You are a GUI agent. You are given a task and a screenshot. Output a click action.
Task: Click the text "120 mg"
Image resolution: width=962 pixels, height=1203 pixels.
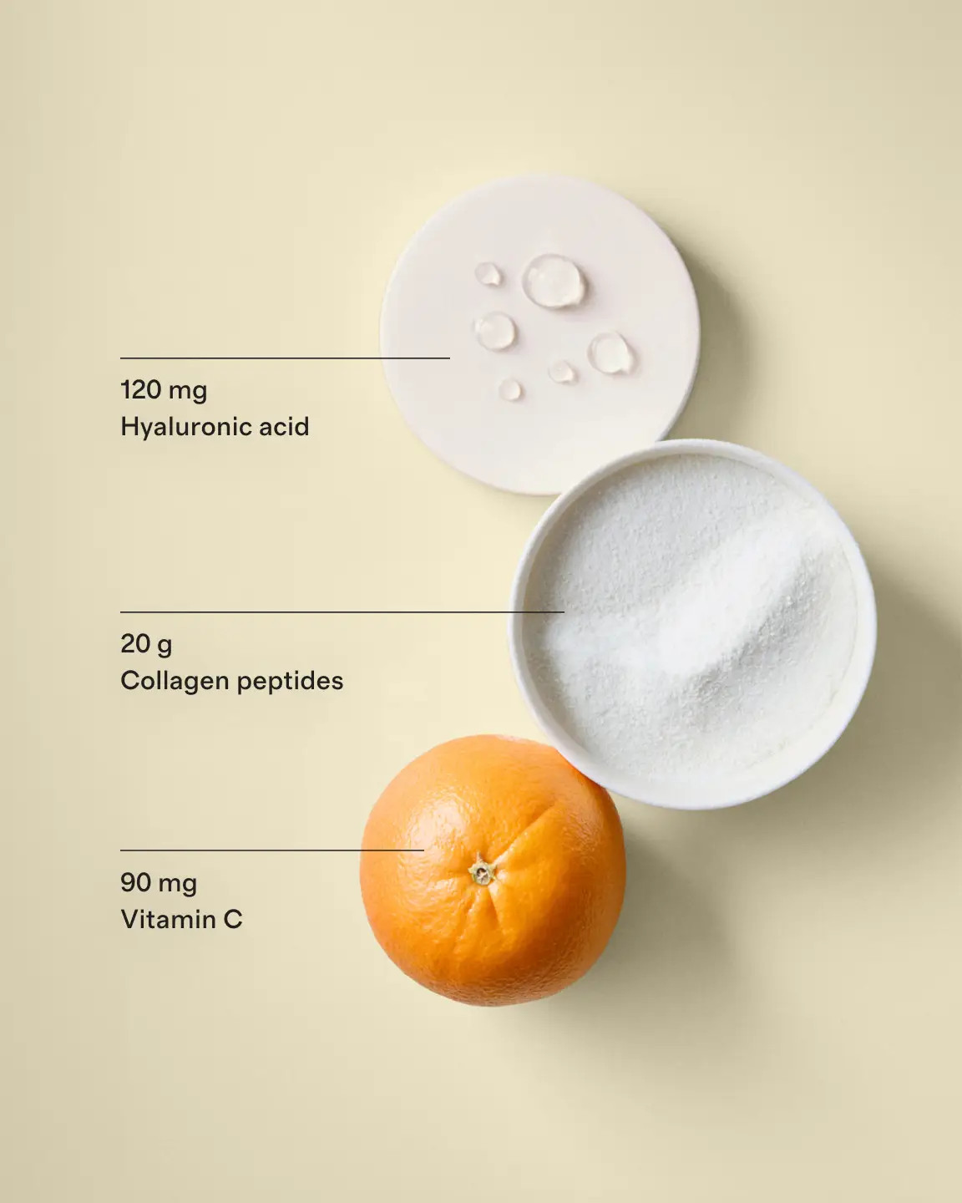coord(164,390)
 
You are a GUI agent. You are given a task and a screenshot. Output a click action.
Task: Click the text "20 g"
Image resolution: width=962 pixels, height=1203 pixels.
coord(146,644)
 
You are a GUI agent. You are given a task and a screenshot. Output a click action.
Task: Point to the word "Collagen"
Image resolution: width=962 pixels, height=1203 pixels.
coord(174,681)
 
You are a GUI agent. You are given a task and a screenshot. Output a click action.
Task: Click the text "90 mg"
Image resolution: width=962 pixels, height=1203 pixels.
coord(159,883)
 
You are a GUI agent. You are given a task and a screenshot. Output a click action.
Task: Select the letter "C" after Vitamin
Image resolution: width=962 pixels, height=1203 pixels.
coord(232,920)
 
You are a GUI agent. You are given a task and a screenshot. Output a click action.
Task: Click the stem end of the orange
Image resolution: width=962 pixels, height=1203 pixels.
coord(482,873)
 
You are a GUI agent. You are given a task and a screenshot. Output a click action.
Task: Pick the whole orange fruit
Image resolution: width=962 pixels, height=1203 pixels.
coord(493,886)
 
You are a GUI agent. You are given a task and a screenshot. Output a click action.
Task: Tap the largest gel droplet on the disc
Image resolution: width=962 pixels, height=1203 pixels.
coord(554,280)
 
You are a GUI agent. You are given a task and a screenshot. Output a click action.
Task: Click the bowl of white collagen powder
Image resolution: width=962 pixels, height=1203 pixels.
coord(693,622)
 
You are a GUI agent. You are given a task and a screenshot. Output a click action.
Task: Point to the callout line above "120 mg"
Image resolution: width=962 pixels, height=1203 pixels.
coord(284,358)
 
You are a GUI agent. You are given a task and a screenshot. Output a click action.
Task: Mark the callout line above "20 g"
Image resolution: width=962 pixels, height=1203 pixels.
coord(342,612)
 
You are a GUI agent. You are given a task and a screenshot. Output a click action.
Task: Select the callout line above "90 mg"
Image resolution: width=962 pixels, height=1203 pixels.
coord(271,850)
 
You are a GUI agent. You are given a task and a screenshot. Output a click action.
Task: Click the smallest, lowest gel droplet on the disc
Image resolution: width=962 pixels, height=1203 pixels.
coord(511,389)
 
